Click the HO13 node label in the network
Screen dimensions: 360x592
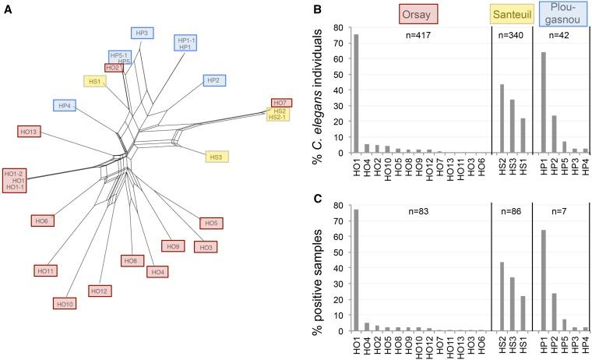[x=30, y=132]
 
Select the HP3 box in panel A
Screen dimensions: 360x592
[x=142, y=33]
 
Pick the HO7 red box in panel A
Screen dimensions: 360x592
[x=281, y=103]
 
